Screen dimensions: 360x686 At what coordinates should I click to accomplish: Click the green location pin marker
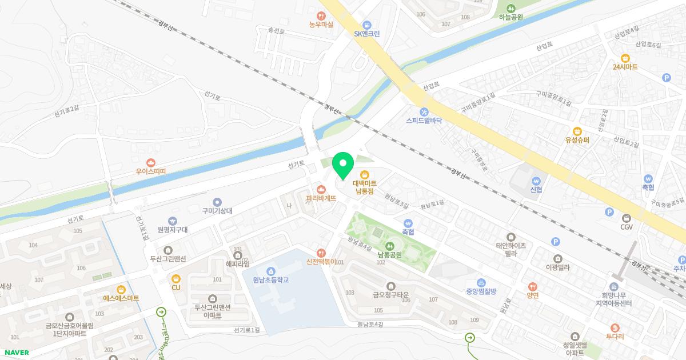click(343, 165)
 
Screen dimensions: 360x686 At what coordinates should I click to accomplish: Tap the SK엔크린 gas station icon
click(367, 25)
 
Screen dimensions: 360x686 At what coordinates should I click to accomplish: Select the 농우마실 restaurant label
click(321, 25)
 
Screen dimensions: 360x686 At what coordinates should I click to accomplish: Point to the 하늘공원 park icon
click(510, 8)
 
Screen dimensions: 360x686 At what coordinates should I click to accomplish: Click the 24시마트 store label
click(625, 67)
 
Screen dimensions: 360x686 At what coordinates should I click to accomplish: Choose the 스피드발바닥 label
click(424, 121)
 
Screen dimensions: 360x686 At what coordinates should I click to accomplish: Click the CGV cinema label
click(627, 227)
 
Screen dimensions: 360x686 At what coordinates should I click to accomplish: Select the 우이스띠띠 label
click(150, 171)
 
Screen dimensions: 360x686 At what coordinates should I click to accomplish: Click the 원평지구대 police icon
click(173, 221)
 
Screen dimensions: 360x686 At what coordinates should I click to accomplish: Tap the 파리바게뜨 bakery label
click(321, 198)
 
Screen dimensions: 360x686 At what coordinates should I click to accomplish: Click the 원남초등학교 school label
click(270, 279)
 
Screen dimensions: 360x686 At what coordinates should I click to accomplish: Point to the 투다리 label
click(615, 337)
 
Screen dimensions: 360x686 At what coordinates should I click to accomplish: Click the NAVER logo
click(17, 353)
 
